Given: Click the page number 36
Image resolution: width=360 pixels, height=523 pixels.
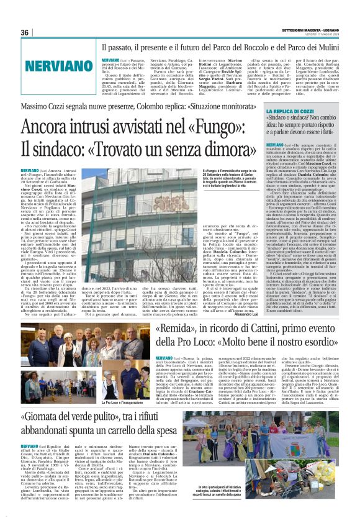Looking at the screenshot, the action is click(25, 32).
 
